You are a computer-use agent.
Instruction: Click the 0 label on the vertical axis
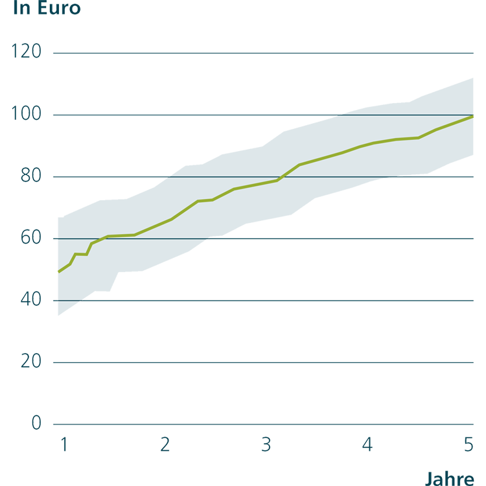coord(36,423)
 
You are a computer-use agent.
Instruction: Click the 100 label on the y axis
coord(27,114)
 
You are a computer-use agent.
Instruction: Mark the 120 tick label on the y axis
coord(27,52)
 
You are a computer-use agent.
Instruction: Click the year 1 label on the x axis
coord(63,444)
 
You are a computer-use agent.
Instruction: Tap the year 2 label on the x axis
coord(165,444)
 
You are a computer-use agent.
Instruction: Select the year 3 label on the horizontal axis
coord(266,444)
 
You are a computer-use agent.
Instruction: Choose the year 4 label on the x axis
coord(367,444)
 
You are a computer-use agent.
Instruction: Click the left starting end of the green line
coord(58,272)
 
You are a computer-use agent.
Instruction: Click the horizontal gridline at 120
coord(259,52)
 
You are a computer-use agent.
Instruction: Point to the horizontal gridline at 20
coord(259,362)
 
